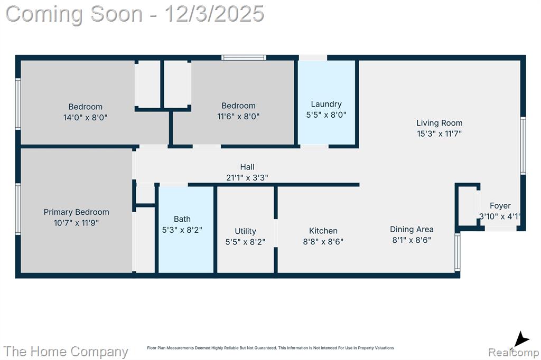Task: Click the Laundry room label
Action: tap(326, 104)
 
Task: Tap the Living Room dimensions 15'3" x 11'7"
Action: tap(439, 134)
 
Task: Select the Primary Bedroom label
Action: tap(76, 212)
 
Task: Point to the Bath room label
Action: tap(182, 219)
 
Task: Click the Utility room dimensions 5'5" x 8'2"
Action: tap(245, 242)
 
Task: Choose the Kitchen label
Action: tap(323, 231)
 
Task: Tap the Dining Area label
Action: tap(412, 229)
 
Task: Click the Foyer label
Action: tap(500, 206)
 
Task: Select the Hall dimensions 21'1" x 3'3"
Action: tap(247, 177)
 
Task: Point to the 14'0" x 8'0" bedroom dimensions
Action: tap(85, 118)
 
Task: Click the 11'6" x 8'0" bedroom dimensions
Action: tap(238, 117)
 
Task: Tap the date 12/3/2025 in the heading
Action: tap(214, 14)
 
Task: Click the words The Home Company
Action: tap(66, 352)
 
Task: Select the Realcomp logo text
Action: tap(514, 353)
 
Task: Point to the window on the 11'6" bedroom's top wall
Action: tap(244, 58)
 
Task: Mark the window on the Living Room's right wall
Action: tap(523, 146)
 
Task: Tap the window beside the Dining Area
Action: tap(458, 252)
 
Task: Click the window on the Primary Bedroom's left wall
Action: tap(18, 210)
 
